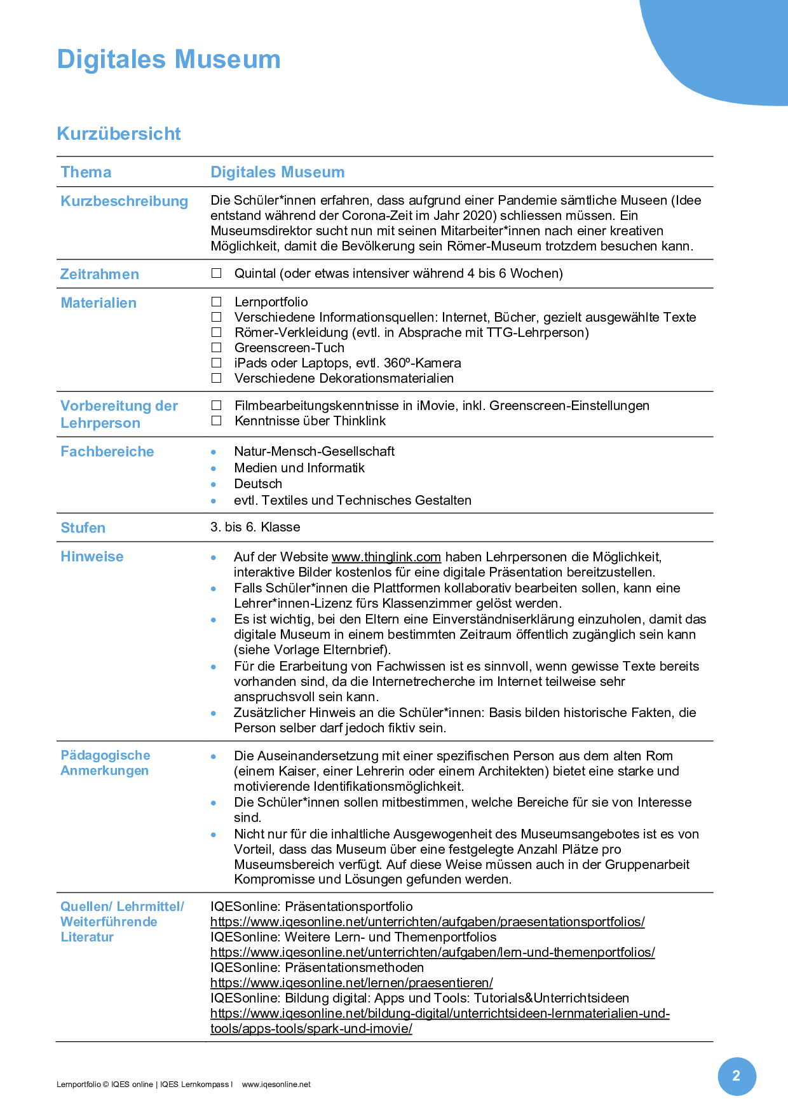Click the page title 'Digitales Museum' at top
tap(168, 59)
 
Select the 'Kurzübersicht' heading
tap(119, 133)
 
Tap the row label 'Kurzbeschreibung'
tap(124, 201)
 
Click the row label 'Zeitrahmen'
tap(99, 274)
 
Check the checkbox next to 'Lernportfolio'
tap(217, 301)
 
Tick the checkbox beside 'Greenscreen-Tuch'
tap(217, 347)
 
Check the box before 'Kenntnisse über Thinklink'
tap(217, 421)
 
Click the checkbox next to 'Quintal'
tap(217, 273)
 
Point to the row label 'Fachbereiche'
tap(107, 451)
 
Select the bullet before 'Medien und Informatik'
tap(214, 469)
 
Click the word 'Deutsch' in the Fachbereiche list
tap(257, 484)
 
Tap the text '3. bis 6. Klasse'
tap(255, 527)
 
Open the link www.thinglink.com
tap(386, 557)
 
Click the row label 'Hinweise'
tap(92, 556)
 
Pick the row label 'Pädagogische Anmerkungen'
tap(105, 763)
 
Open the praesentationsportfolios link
tap(427, 922)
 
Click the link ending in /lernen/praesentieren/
tap(351, 983)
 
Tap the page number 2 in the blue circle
tap(737, 1076)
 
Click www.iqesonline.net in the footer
tap(276, 1084)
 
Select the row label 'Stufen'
tap(83, 528)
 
